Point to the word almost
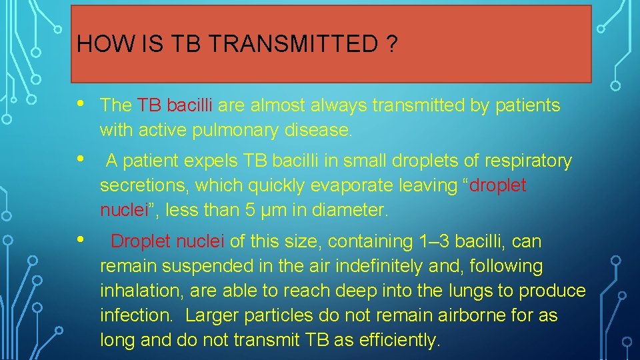click(263, 105)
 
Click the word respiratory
click(529, 161)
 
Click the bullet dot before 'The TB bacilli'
click(80, 103)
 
